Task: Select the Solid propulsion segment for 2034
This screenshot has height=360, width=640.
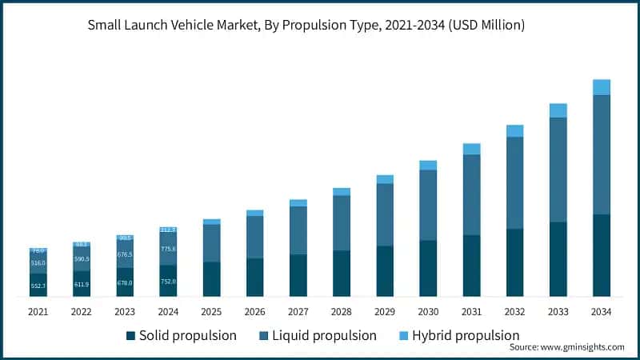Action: click(x=601, y=255)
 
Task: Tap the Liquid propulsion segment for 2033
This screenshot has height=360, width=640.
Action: click(x=558, y=170)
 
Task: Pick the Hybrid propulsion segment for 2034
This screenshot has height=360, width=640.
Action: click(x=601, y=87)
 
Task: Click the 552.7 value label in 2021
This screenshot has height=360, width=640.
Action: click(x=38, y=286)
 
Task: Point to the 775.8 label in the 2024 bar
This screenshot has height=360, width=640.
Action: click(x=168, y=249)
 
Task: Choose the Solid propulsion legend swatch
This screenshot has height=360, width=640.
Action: click(x=130, y=335)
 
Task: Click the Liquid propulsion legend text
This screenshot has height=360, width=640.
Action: click(x=325, y=335)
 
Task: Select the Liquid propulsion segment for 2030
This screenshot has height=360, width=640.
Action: click(x=428, y=205)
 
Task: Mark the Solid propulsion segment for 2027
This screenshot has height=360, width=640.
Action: click(x=298, y=275)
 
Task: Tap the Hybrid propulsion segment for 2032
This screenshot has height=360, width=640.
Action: click(x=514, y=130)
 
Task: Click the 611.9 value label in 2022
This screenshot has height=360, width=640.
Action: click(x=82, y=284)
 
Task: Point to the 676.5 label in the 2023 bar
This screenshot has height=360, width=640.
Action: click(x=125, y=254)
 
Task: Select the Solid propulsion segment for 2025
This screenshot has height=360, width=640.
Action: click(x=211, y=279)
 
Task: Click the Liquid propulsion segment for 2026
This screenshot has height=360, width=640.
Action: click(x=254, y=237)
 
